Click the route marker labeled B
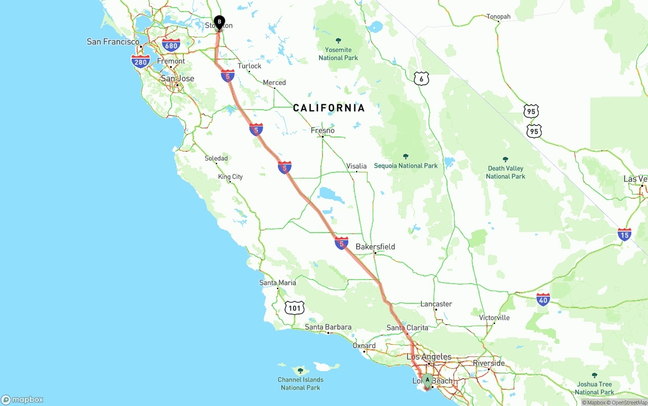(x=219, y=22)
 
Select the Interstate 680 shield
(x=171, y=46)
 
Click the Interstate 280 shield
(x=140, y=62)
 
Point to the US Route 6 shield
(x=421, y=78)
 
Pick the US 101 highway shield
(x=294, y=307)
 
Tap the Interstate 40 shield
(x=543, y=299)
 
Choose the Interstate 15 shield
(x=624, y=235)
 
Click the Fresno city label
(x=322, y=130)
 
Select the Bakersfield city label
(x=375, y=247)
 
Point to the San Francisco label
(x=113, y=41)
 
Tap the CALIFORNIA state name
(x=329, y=108)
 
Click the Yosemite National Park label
(x=338, y=54)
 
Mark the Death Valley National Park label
(x=505, y=172)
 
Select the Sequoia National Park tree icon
(x=406, y=156)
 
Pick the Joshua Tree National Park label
(x=594, y=388)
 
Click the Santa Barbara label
(x=328, y=327)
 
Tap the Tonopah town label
(x=499, y=17)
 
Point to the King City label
(x=230, y=176)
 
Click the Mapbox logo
(x=22, y=399)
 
